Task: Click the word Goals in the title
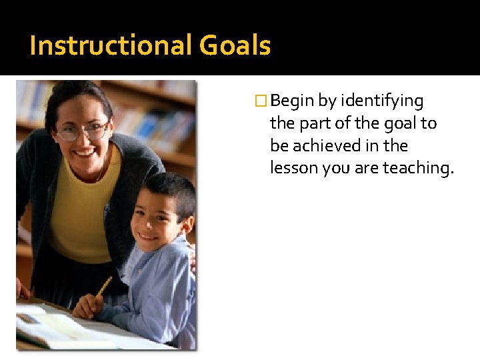[x=235, y=46]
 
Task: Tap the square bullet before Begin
[x=263, y=101]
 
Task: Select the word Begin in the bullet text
[x=293, y=101]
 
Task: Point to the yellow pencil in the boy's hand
[x=103, y=287]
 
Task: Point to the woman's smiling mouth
[x=84, y=153]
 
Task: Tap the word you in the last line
[x=335, y=168]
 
